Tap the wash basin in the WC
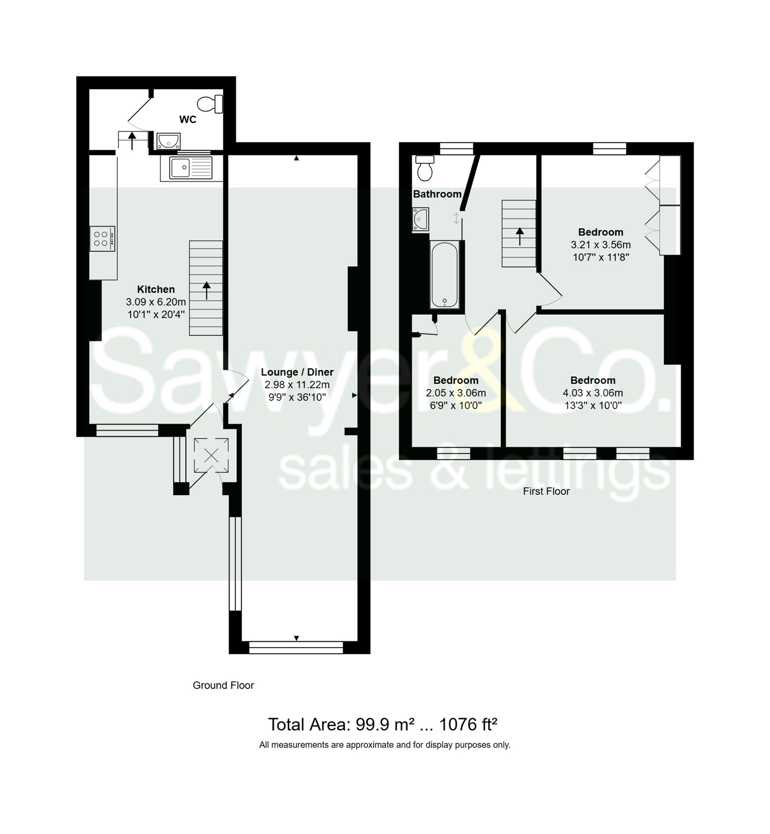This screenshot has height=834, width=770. (169, 141)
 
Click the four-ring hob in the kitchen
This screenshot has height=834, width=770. (102, 239)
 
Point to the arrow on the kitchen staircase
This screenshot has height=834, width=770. (206, 290)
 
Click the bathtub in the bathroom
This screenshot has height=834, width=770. (445, 275)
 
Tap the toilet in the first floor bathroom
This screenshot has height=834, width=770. (425, 168)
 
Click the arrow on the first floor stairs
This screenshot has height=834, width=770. (520, 237)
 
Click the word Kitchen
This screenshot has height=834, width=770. (156, 289)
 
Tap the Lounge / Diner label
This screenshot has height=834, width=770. (297, 372)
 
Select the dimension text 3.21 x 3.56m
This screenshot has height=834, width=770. (601, 245)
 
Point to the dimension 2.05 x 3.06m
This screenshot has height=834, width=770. (456, 393)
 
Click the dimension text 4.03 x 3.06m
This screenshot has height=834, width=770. (593, 393)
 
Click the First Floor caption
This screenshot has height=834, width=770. (546, 491)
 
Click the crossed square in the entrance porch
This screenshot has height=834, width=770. (211, 455)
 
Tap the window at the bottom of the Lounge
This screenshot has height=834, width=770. (296, 647)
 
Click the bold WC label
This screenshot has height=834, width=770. (187, 120)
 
